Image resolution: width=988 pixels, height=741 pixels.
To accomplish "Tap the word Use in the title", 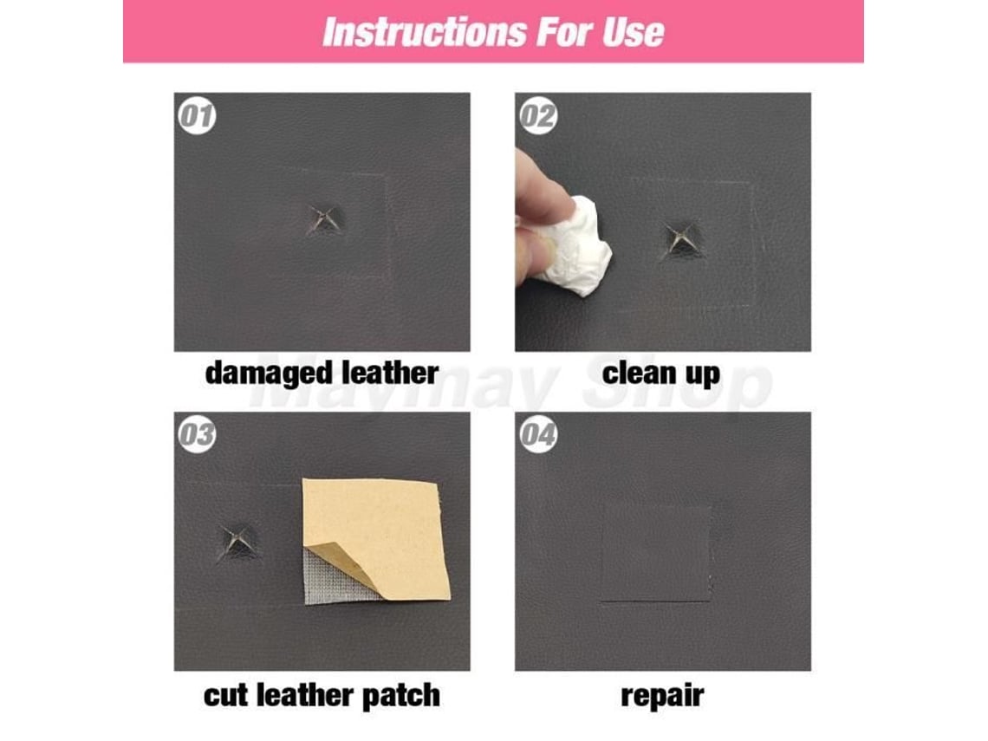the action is (633, 32).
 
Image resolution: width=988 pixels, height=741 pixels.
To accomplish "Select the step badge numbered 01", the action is (197, 116).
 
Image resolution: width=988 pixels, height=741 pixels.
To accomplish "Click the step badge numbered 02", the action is (537, 116).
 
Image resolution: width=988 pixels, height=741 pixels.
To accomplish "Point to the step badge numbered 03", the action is (197, 435).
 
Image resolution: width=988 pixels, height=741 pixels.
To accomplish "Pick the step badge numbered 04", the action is (537, 435).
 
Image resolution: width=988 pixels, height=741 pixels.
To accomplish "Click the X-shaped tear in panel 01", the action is (325, 219).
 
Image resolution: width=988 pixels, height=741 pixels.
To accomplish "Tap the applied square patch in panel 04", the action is (656, 553).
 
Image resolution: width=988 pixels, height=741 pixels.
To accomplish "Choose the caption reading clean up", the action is (661, 374).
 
